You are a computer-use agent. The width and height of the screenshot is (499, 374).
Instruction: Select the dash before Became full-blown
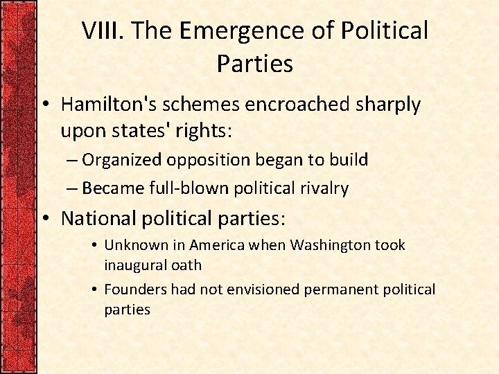73,188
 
